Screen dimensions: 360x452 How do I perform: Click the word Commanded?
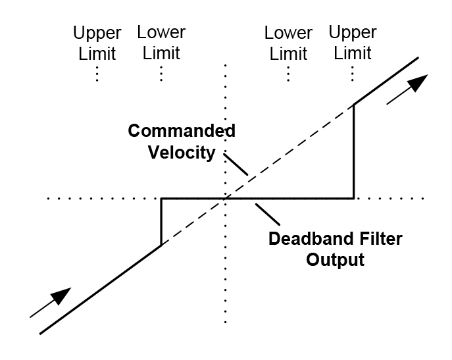click(181, 131)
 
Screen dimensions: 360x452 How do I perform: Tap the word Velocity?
click(181, 153)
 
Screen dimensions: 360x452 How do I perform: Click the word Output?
click(334, 259)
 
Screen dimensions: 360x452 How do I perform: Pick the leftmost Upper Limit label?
click(97, 43)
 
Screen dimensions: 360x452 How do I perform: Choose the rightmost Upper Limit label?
click(353, 43)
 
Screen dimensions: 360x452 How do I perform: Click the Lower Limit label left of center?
click(161, 43)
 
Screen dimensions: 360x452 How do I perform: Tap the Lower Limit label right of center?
click(288, 43)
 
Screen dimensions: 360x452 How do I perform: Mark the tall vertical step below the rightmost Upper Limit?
click(354, 151)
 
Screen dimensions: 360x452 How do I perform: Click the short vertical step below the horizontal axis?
click(161, 222)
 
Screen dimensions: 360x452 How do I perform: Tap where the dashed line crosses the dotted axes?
click(226, 198)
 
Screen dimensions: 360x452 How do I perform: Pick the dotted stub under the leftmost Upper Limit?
click(97, 73)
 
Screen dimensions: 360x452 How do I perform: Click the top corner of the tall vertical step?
click(354, 104)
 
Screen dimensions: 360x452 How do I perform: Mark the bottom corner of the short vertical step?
click(161, 245)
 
